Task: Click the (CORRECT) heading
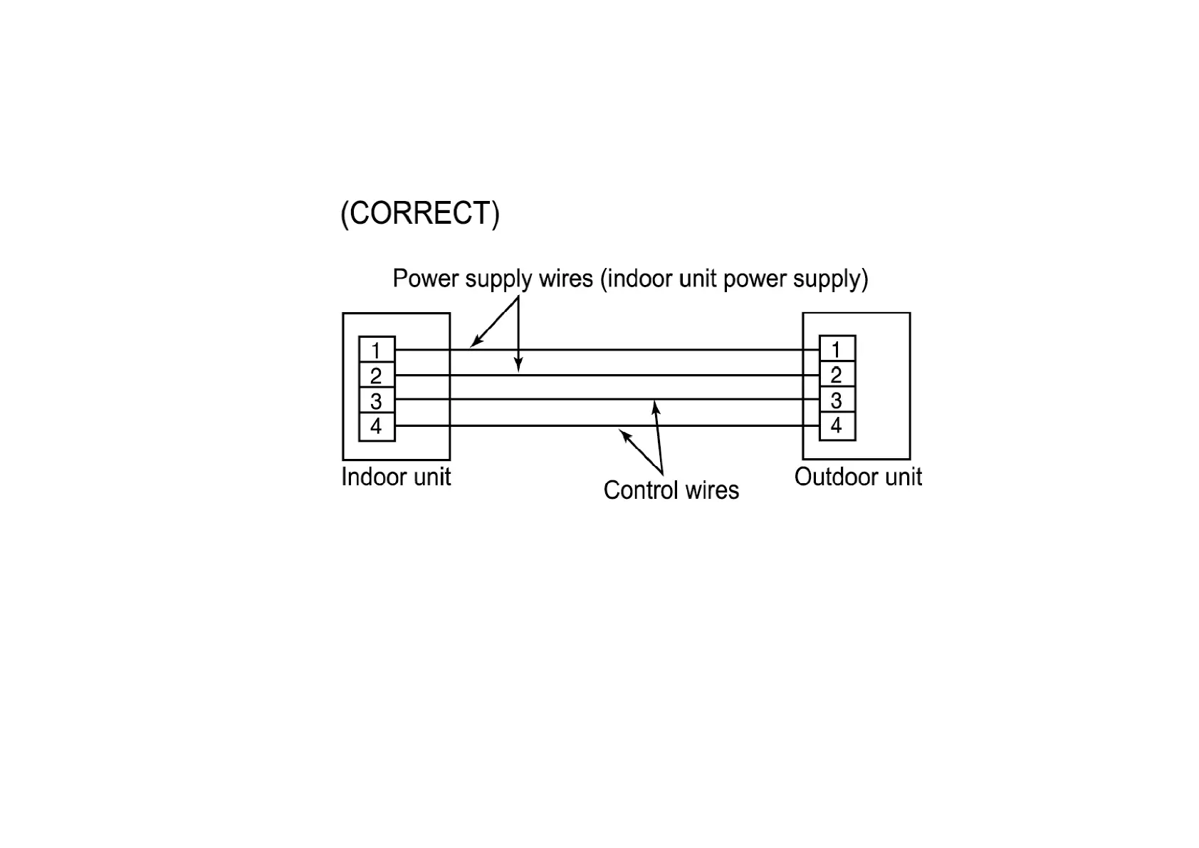tap(420, 214)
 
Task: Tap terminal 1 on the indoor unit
tap(377, 350)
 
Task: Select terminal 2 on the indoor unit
tap(377, 376)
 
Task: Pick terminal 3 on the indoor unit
tap(377, 401)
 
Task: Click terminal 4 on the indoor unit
tap(377, 426)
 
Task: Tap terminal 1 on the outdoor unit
tap(837, 349)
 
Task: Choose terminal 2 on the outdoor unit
tap(837, 375)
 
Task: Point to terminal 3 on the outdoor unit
tap(837, 400)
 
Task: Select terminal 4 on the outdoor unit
tap(837, 425)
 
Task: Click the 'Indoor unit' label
tap(396, 477)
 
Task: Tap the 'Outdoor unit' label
tap(858, 477)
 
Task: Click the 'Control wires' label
tap(671, 490)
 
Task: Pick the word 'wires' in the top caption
tap(566, 278)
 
